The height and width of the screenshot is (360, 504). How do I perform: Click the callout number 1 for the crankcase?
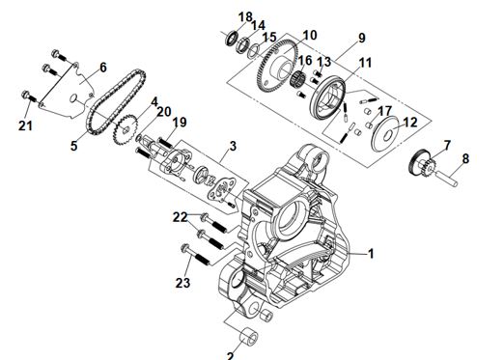[x=371, y=254]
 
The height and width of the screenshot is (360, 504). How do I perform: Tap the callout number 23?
[x=182, y=283]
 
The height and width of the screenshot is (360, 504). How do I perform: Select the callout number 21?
[x=25, y=125]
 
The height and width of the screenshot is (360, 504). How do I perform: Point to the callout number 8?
[x=465, y=158]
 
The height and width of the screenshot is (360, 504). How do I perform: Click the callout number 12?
[x=409, y=123]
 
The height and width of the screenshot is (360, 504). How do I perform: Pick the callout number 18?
[x=245, y=17]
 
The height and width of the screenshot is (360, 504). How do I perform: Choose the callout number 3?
[x=233, y=146]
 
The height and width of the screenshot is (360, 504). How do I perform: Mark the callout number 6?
[x=102, y=68]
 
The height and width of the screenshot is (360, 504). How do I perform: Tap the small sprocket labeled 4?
[x=126, y=129]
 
